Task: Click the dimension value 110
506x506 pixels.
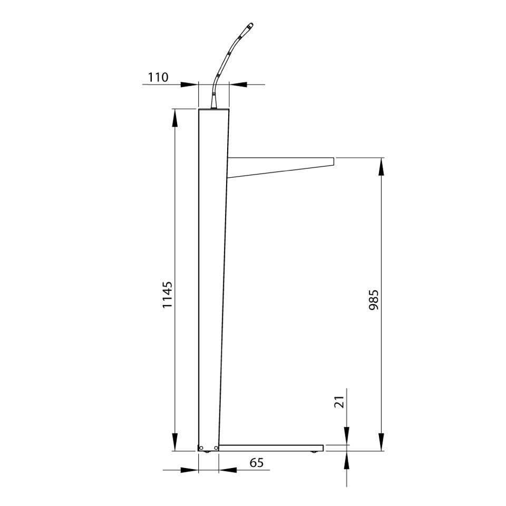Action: point(158,77)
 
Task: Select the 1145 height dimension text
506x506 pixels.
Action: point(167,295)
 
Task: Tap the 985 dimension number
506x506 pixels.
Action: point(373,300)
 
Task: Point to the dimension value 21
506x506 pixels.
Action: point(339,402)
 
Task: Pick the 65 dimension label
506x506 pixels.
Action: point(257,463)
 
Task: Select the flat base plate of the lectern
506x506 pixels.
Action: point(271,448)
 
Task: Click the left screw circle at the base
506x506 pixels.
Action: point(201,448)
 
